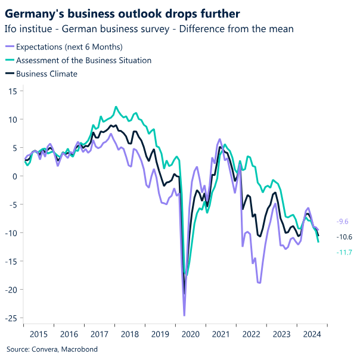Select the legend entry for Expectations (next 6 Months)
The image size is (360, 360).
tap(69, 46)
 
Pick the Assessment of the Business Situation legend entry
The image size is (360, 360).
tap(83, 60)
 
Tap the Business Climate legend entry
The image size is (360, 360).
tap(46, 74)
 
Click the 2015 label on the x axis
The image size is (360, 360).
tap(39, 334)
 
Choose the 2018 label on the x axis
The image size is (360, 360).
tap(130, 334)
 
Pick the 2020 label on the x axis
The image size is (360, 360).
tap(191, 334)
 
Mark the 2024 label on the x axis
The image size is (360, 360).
tap(312, 334)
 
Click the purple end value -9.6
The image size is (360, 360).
tap(343, 221)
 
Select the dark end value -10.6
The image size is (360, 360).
tap(344, 237)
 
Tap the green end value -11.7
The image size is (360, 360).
tap(344, 252)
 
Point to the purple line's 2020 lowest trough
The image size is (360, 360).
tap(184, 315)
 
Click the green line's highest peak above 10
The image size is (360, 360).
tap(116, 107)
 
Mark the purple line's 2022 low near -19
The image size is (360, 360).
tap(259, 283)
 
